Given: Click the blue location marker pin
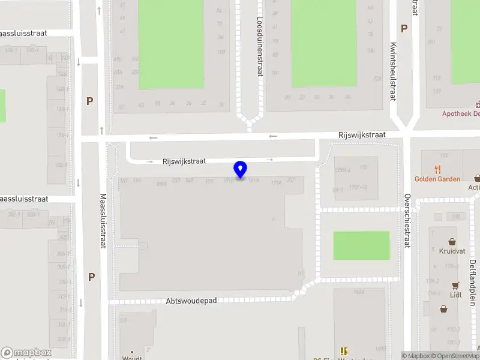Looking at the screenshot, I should (x=241, y=169).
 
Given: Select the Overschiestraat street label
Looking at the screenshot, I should (x=407, y=221).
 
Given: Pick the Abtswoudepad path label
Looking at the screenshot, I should (x=191, y=301).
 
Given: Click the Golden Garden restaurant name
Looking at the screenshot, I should (x=437, y=179).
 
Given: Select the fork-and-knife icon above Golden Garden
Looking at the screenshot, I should (x=437, y=169).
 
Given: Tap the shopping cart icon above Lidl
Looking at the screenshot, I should (x=456, y=285).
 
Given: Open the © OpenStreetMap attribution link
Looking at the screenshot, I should (x=455, y=356).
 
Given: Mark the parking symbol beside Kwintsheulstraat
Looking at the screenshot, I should (x=404, y=28).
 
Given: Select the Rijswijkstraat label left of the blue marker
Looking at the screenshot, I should (x=184, y=161).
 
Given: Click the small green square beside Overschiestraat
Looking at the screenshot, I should (x=361, y=245).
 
